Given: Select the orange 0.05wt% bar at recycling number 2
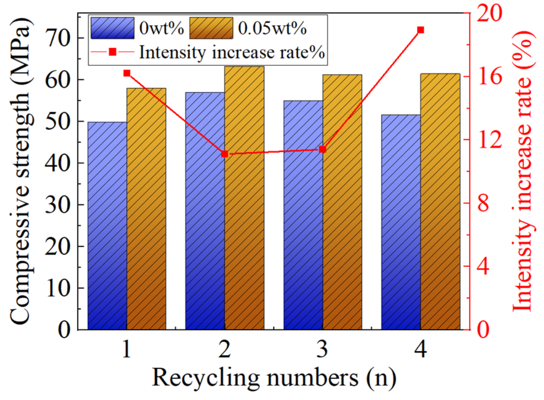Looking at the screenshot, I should pyautogui.click(x=244, y=198).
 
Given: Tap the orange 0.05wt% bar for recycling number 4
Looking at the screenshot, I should pyautogui.click(x=440, y=201).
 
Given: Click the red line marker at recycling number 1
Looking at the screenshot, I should pyautogui.click(x=127, y=73).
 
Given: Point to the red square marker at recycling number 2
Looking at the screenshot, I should pyautogui.click(x=225, y=154).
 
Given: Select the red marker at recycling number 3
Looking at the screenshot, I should pyautogui.click(x=323, y=150).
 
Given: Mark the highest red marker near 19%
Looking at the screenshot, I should pyautogui.click(x=420, y=30).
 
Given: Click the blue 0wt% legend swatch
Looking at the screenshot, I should pyautogui.click(x=112, y=28).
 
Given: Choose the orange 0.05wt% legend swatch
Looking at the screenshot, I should pyautogui.click(x=211, y=28).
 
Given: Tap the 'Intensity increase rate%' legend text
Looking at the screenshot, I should pyautogui.click(x=232, y=52).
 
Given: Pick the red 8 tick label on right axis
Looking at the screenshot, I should pyautogui.click(x=483, y=203).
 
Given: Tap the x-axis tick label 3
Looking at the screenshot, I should pyautogui.click(x=322, y=349).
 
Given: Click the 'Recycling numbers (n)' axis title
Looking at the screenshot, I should pyautogui.click(x=274, y=378).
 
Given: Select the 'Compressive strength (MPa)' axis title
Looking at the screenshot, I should pyautogui.click(x=20, y=171).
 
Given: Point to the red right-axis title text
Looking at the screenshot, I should pyautogui.click(x=523, y=171).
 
